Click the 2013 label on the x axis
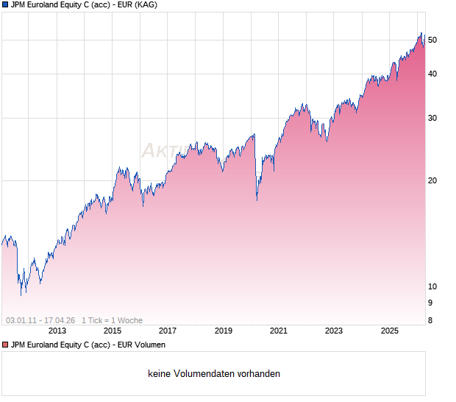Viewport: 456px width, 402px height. (57, 331)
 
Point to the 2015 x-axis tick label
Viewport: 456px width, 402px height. (112, 331)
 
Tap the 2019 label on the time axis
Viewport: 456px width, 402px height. (223, 331)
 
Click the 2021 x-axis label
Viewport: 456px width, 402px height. (278, 331)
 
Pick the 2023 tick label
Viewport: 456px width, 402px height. (334, 331)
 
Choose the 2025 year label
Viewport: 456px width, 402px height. (389, 331)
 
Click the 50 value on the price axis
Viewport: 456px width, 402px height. (433, 40)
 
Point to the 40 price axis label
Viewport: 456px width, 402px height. (433, 74)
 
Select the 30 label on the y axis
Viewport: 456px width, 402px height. (433, 118)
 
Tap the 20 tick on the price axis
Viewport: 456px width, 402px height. (433, 180)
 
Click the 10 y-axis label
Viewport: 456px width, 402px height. (433, 286)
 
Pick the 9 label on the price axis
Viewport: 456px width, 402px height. (431, 303)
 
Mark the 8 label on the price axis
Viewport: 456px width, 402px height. (431, 320)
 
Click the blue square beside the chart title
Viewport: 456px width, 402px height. (5, 4)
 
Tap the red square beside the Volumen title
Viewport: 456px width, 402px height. (5, 345)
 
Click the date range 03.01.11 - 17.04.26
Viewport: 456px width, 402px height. (40, 320)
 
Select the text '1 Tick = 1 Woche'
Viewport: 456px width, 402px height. (112, 320)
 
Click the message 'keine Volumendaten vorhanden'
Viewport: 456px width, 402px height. (214, 374)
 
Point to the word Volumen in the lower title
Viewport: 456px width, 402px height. (149, 345)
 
